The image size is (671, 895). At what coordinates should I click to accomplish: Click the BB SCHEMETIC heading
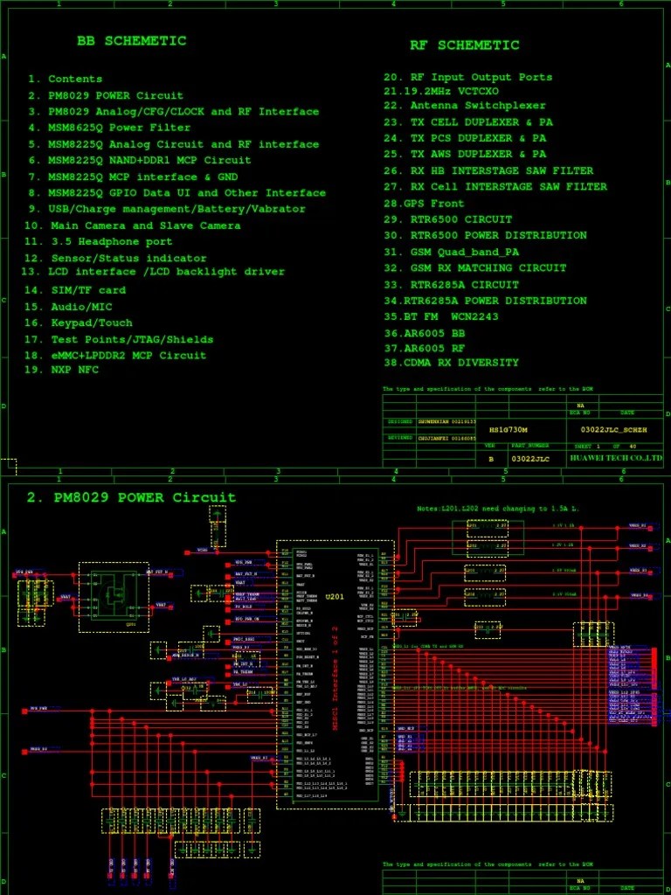(131, 41)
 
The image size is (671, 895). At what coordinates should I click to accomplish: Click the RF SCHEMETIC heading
(465, 45)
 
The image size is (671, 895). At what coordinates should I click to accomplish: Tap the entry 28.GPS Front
(424, 203)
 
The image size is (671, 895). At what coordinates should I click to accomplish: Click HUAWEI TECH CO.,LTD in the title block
(616, 458)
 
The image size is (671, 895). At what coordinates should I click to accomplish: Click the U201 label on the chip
(335, 597)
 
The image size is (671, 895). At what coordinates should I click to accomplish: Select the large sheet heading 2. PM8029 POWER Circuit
(131, 498)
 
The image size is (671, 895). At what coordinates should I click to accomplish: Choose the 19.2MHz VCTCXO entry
(441, 91)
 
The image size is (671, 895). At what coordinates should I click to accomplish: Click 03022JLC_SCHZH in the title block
(613, 430)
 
